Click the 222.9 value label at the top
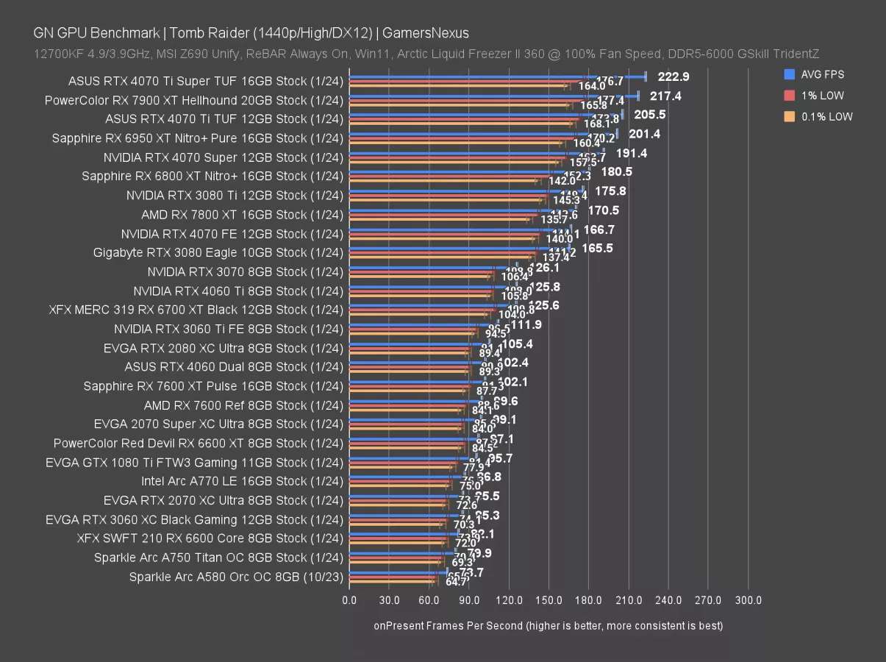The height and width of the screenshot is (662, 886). (674, 76)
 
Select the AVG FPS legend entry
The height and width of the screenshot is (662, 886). (823, 74)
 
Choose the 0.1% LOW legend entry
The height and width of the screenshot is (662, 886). (826, 116)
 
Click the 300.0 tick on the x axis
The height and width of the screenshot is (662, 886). (748, 601)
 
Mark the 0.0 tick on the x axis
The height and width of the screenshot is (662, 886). (349, 601)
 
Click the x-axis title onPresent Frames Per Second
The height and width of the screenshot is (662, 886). (548, 626)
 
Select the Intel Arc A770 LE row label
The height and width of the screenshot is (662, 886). (242, 481)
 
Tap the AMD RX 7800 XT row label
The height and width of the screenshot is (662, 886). (242, 215)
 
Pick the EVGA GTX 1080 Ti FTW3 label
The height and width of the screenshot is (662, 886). (194, 463)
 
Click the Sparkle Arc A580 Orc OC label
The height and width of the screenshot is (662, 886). (236, 577)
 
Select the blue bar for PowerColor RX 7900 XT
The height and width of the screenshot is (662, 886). (493, 96)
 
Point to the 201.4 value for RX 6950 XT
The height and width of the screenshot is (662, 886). (645, 134)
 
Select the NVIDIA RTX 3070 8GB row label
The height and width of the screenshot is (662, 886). (245, 271)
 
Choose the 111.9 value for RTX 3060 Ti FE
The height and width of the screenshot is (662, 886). (526, 324)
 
